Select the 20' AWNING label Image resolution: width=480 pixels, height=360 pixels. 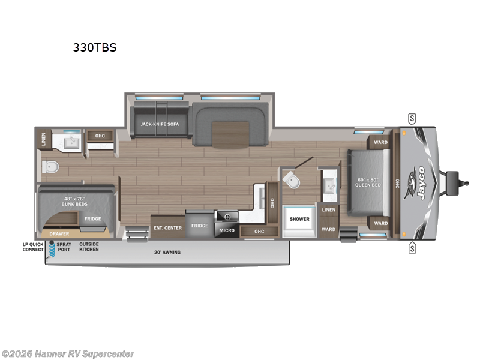point(166,252)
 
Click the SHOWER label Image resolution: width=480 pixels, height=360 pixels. point(299,219)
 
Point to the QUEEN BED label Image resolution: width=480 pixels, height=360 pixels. point(369,182)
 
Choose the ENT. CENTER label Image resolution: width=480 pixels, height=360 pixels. point(167,227)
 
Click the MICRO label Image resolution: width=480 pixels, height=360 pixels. point(227,230)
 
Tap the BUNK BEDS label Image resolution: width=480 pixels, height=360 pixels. point(74,205)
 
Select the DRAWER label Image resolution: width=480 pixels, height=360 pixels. point(59,233)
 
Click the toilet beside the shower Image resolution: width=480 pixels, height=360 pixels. point(291,179)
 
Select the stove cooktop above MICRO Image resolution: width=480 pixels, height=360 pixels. point(227,217)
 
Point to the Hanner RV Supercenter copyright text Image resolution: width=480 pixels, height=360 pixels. point(68,354)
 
